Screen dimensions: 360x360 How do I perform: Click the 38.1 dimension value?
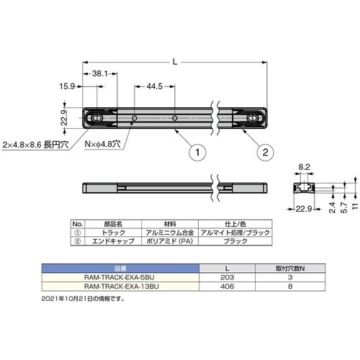click(101, 73)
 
